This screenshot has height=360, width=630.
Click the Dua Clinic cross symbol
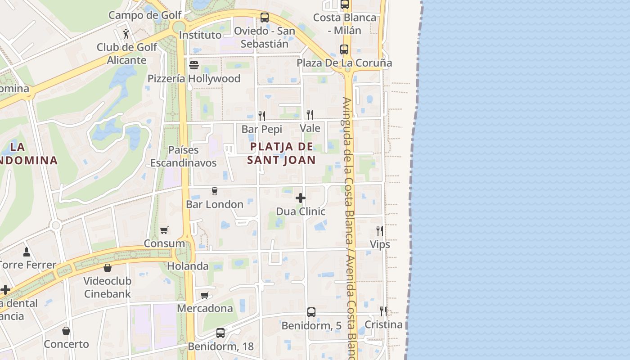point(301,198)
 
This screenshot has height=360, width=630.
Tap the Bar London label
point(215,204)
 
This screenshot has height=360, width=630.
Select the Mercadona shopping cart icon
point(205,295)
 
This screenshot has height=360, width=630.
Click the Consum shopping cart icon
point(164,230)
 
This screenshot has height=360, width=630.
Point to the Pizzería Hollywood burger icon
point(194,65)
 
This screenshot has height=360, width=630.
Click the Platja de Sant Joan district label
point(281,153)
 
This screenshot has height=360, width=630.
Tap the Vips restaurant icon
point(380,231)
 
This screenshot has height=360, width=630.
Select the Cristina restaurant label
point(383,324)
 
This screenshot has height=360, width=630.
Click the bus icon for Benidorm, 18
point(220,333)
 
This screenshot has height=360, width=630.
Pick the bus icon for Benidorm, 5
point(311,312)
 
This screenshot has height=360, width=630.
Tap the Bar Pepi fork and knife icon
point(262,116)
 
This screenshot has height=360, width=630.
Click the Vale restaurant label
point(310,128)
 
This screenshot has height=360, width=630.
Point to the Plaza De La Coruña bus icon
point(344,49)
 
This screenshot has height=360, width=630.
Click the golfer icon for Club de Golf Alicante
point(126,34)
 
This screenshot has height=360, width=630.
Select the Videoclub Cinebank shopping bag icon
point(108,268)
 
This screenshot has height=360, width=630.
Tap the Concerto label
point(67,344)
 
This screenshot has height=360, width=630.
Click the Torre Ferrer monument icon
point(27,252)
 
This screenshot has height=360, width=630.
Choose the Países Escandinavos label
point(184,156)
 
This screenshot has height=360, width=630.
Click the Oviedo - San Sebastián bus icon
point(265,18)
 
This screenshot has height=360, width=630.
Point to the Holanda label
point(188,266)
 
